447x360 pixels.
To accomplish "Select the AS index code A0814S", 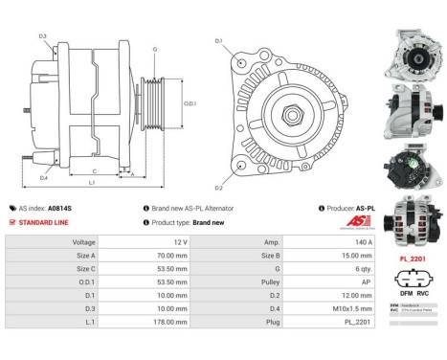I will coord(61,208).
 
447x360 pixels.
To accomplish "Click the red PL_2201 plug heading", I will coord(413,258).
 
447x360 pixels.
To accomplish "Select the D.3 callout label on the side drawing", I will coord(42,36).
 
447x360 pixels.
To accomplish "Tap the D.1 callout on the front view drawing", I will coord(219,41).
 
